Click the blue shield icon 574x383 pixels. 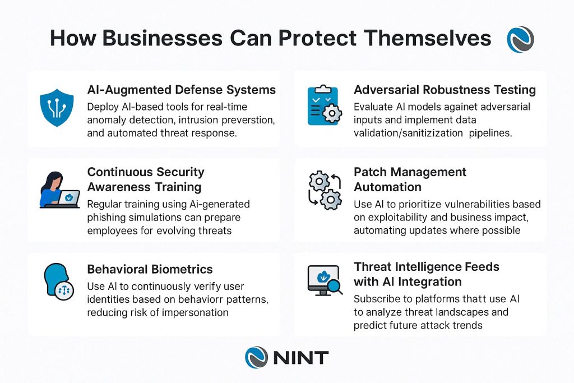point(57,107)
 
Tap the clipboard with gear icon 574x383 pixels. point(325,105)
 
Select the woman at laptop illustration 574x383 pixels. point(59,190)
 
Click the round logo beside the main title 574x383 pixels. point(520,39)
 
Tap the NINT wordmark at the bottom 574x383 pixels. point(301,358)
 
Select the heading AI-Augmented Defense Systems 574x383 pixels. point(181,90)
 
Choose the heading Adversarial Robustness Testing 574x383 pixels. point(445,90)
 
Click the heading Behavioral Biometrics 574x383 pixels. point(150,269)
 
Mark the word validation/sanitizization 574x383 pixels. point(408,133)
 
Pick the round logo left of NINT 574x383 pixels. point(256,357)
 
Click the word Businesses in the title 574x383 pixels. point(162,38)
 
